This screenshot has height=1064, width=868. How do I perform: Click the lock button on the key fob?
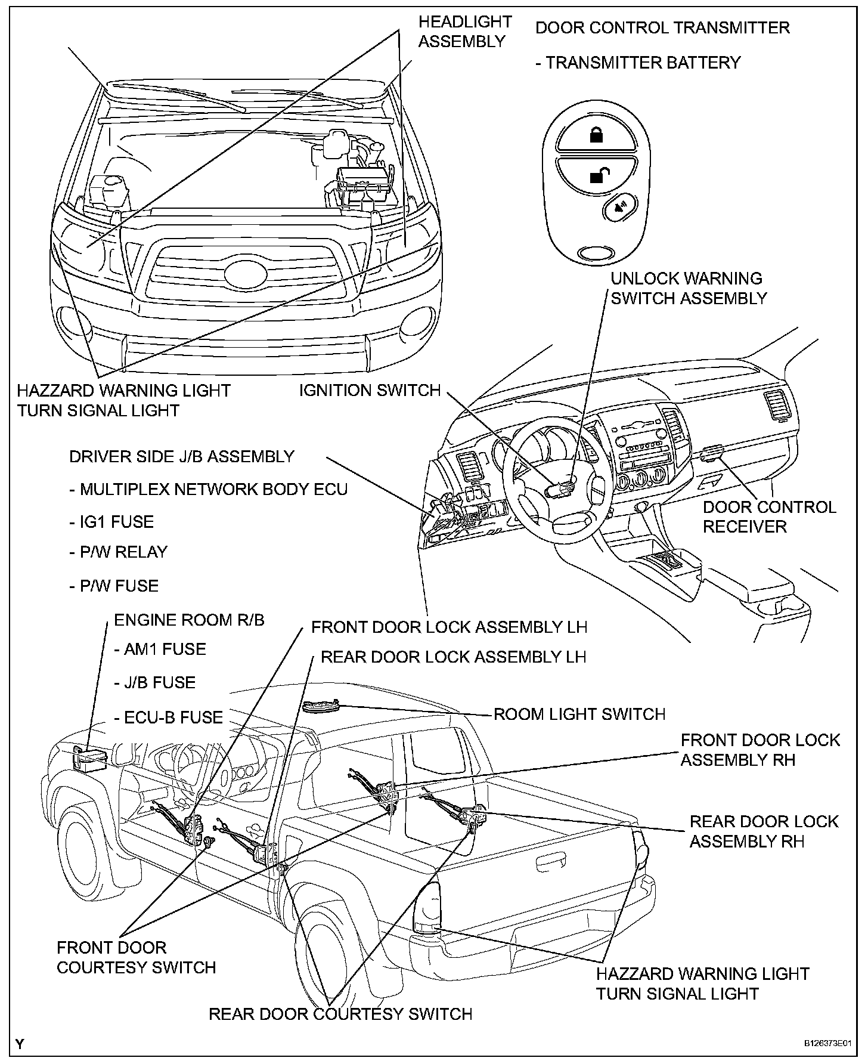tap(596, 135)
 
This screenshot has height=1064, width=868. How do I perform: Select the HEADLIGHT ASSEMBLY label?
tap(464, 32)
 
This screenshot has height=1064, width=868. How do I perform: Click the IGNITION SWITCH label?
tap(370, 390)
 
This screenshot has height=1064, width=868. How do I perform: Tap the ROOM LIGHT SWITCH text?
tap(579, 714)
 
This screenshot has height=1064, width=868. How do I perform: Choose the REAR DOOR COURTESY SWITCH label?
tap(340, 1013)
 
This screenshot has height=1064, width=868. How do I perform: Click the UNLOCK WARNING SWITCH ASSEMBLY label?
tap(689, 288)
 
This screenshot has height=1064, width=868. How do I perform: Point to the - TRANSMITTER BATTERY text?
tap(638, 63)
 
